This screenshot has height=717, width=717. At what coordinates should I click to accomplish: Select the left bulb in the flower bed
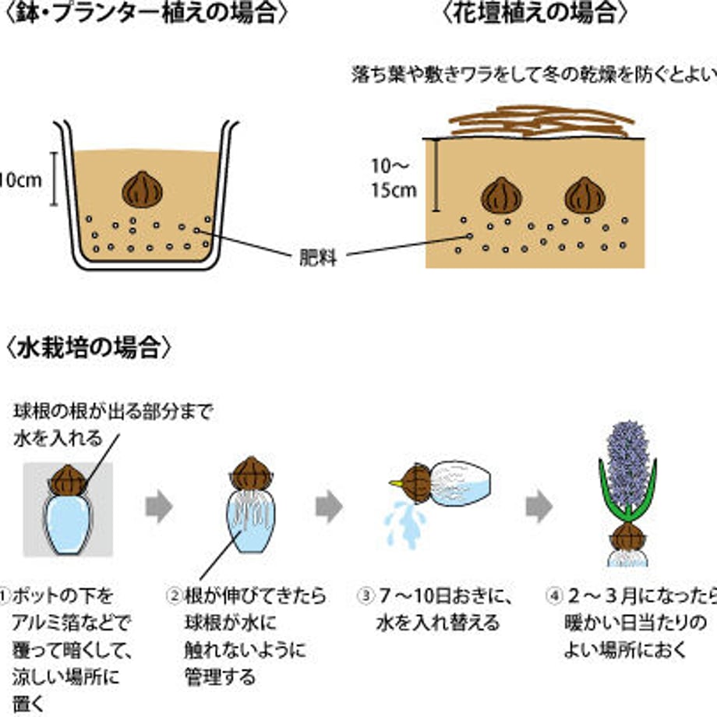pos(500,196)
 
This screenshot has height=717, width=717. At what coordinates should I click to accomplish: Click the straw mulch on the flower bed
pos(538,122)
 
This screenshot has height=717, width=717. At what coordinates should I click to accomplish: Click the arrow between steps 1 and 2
pos(159,507)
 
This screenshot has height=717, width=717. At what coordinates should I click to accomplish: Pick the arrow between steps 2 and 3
pos(329,507)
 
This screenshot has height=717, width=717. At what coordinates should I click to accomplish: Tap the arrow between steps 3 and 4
pos(539,507)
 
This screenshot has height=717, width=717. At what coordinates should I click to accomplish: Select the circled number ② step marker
pos(175,597)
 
